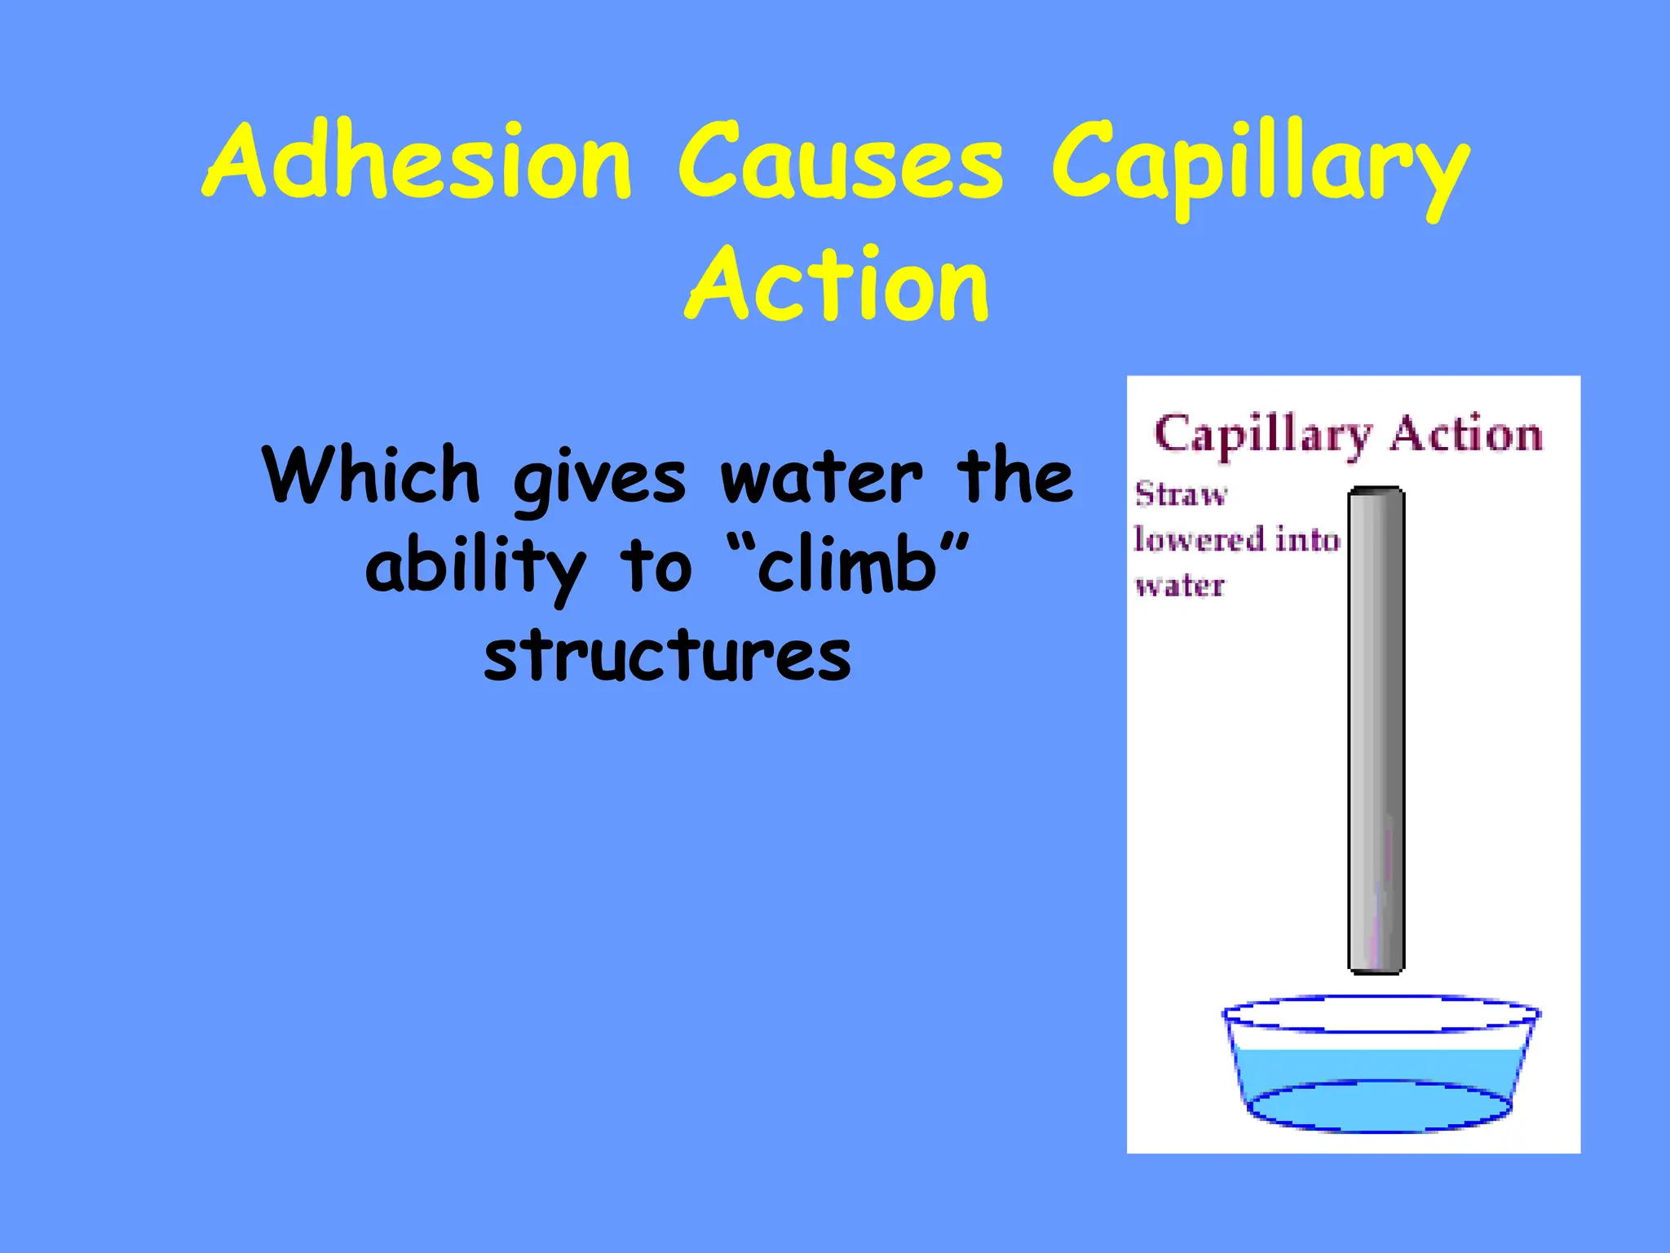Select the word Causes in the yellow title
tap(840, 162)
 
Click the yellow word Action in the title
tap(837, 284)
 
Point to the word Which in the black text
tap(371, 475)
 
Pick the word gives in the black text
tap(599, 481)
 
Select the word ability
tap(475, 567)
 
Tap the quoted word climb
tap(848, 565)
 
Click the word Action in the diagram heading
tap(1465, 433)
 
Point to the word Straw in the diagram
tap(1181, 494)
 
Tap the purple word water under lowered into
tap(1179, 585)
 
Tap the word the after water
tap(1014, 475)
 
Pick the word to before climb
tap(656, 567)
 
